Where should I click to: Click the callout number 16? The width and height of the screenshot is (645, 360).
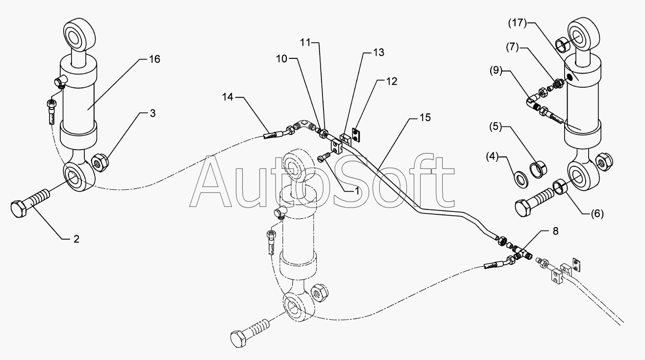(154, 59)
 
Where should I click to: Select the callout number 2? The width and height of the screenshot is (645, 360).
(76, 239)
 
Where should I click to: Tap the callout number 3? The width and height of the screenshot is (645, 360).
(153, 113)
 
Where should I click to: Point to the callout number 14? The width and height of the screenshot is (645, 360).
(227, 97)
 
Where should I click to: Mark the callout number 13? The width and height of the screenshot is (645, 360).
(378, 52)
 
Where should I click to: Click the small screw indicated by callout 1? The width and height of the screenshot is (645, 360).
(323, 157)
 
